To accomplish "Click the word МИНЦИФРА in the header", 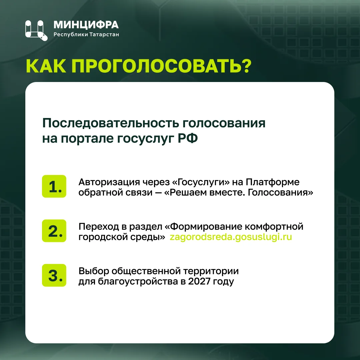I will point(86,25).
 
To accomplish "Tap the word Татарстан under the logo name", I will point(104,35).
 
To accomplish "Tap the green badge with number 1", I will point(54,186).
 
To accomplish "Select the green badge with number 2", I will point(54,231).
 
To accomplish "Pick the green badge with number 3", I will point(54,275).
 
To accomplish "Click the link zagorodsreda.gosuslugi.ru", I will point(231,237).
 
